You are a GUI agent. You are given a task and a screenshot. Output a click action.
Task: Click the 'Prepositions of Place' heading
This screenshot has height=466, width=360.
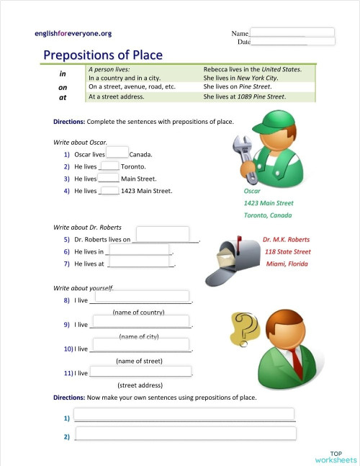[x=103, y=55]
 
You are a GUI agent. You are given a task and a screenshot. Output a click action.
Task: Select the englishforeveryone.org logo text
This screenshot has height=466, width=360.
[x=73, y=33]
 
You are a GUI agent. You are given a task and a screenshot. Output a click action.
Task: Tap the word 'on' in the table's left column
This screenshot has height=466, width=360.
[x=63, y=87]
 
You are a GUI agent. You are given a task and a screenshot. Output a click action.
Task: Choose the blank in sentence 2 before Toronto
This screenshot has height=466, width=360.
[x=110, y=166]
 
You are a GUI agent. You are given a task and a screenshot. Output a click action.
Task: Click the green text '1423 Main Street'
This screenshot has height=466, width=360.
[x=269, y=203]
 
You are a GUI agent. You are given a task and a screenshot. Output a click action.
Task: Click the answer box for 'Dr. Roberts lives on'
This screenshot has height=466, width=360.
[x=163, y=235]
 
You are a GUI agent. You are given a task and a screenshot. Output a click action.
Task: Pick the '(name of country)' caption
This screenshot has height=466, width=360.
[x=139, y=312]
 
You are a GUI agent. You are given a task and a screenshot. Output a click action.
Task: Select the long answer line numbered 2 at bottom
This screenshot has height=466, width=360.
[x=185, y=434]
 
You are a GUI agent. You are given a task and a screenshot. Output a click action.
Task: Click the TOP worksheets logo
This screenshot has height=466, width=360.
[x=336, y=457]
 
